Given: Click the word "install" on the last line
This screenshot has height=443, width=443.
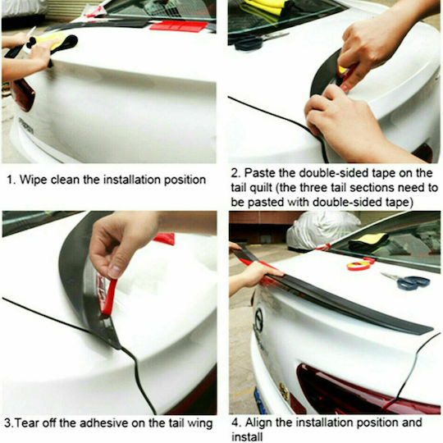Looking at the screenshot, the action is pyautogui.click(x=247, y=436).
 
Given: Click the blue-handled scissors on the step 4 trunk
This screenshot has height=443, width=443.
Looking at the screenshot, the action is pyautogui.click(x=407, y=281).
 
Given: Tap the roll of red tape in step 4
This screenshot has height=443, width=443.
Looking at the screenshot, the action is pyautogui.click(x=359, y=266).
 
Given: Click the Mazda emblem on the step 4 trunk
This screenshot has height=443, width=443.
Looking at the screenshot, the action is pyautogui.click(x=258, y=320).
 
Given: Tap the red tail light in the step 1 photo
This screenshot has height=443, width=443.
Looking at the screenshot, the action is pyautogui.click(x=23, y=94).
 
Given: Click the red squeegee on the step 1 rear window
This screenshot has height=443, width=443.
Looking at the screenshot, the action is pyautogui.click(x=179, y=26).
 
